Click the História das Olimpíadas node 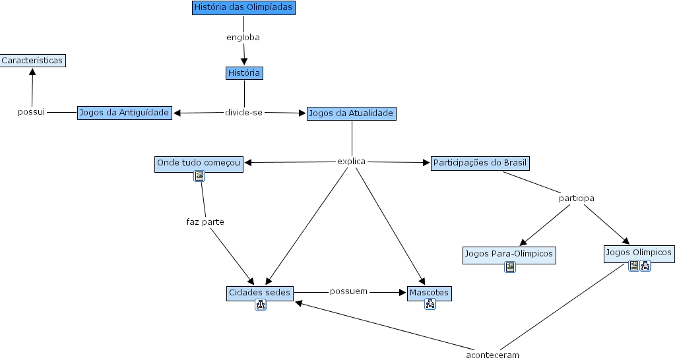pos(243,8)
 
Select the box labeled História pos(244,73)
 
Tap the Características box pos(32,60)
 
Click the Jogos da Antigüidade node pos(125,113)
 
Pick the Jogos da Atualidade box pos(351,113)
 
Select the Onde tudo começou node pos(199,162)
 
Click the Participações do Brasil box pos(480,162)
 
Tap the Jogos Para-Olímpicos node pos(509,253)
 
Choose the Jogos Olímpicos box pos(638,252)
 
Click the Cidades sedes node pos(260,291)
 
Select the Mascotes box pos(429,291)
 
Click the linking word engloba pos(243,38)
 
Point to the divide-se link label pos(243,113)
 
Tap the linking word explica pos(351,162)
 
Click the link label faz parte pos(205,222)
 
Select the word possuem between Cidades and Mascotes pos(348,291)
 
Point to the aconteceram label pos(492,355)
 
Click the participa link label pos(576,198)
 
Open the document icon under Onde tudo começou pos(199,176)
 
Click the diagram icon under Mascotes pos(430,304)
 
